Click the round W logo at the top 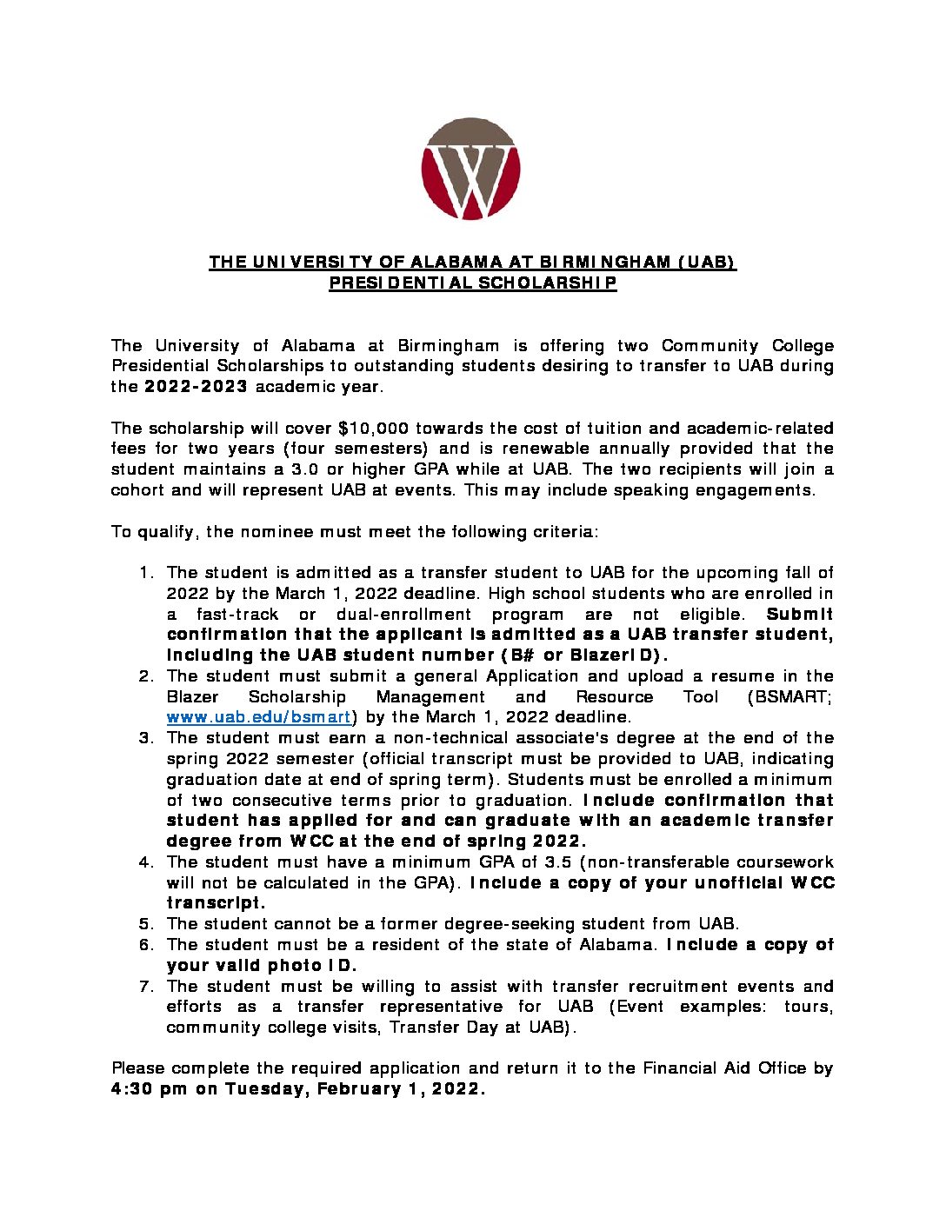point(470,169)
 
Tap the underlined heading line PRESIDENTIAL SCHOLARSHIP point(472,283)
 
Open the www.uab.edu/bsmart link point(258,717)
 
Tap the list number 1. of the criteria point(147,573)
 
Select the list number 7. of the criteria point(147,987)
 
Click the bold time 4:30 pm point(149,1089)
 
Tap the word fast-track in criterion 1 point(237,615)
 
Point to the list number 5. point(147,924)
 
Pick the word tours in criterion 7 point(809,1007)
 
